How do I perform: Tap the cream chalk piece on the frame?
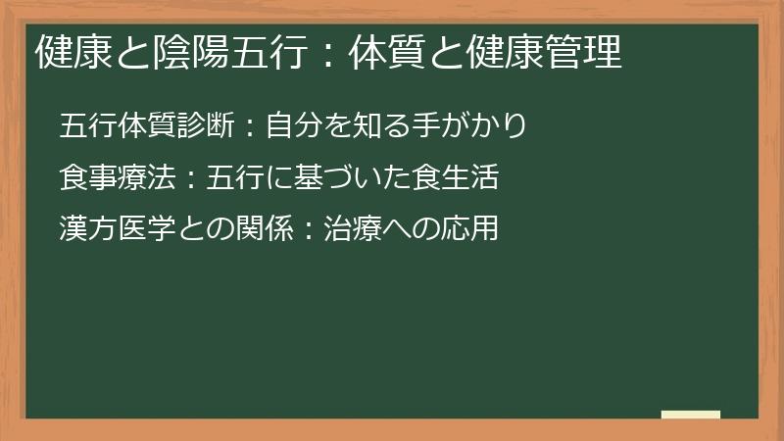[x=690, y=416]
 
